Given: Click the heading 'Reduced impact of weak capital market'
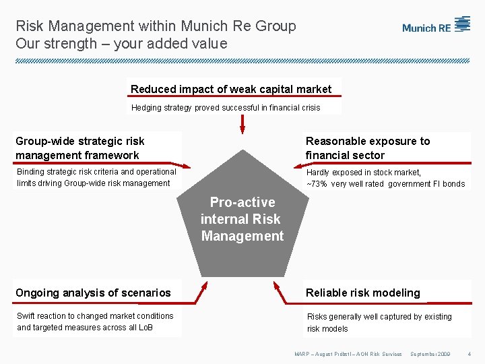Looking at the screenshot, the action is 231,89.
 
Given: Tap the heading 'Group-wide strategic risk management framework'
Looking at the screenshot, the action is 80,148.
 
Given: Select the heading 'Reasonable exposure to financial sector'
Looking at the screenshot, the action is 368,148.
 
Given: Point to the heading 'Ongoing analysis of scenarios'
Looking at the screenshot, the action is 93,293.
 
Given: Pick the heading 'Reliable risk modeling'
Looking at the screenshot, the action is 362,293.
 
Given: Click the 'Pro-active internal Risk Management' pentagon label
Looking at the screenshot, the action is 243,219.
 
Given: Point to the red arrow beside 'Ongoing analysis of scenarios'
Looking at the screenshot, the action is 200,292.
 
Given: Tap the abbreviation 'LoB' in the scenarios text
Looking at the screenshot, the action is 145,328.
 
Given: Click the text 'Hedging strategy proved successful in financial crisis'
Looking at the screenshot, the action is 226,108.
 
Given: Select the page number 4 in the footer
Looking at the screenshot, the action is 470,354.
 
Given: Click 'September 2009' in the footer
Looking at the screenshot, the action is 430,354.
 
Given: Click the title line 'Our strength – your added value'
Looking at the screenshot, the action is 121,44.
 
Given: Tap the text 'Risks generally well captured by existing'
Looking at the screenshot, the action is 379,317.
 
